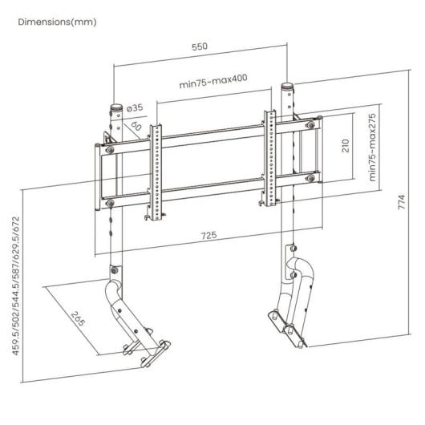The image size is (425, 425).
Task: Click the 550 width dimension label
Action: [199, 47]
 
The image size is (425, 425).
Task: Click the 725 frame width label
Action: [208, 236]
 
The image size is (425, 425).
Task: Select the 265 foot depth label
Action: [77, 321]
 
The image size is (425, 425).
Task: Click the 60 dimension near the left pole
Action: [136, 126]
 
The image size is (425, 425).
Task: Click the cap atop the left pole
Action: [117, 105]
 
